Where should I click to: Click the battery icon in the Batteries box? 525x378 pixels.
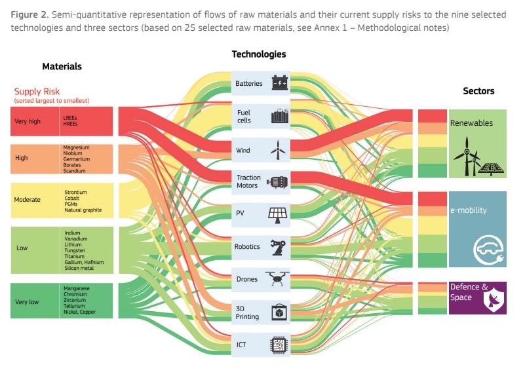(x=280, y=83)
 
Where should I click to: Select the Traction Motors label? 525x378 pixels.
(x=248, y=181)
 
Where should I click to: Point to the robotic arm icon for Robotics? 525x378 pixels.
(x=278, y=247)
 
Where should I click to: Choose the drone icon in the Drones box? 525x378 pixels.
(x=278, y=278)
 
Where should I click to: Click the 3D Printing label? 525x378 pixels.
(x=248, y=312)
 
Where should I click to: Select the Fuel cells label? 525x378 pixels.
(x=244, y=117)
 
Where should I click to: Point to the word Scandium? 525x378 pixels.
(x=74, y=171)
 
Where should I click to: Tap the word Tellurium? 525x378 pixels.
(x=75, y=306)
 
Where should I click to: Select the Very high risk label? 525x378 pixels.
(x=27, y=121)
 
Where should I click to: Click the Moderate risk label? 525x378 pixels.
(x=28, y=199)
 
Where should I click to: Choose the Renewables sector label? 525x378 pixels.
(x=471, y=123)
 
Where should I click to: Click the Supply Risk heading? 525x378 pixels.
(x=37, y=92)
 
